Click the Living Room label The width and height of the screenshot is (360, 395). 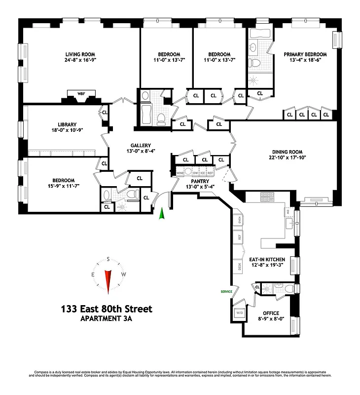[80, 54]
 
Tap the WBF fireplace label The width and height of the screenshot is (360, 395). [81, 93]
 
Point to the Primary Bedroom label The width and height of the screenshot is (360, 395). [305, 54]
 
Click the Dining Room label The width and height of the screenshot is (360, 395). [287, 152]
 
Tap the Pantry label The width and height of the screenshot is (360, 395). [197, 181]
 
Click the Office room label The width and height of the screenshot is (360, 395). [271, 313]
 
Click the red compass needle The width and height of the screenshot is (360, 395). [108, 282]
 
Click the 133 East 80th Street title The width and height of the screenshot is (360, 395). [107, 309]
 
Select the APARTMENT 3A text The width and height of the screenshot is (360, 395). [107, 319]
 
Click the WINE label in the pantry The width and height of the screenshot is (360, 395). [181, 173]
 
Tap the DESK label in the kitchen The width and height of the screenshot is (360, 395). [239, 267]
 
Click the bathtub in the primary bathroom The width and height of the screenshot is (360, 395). [259, 34]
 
